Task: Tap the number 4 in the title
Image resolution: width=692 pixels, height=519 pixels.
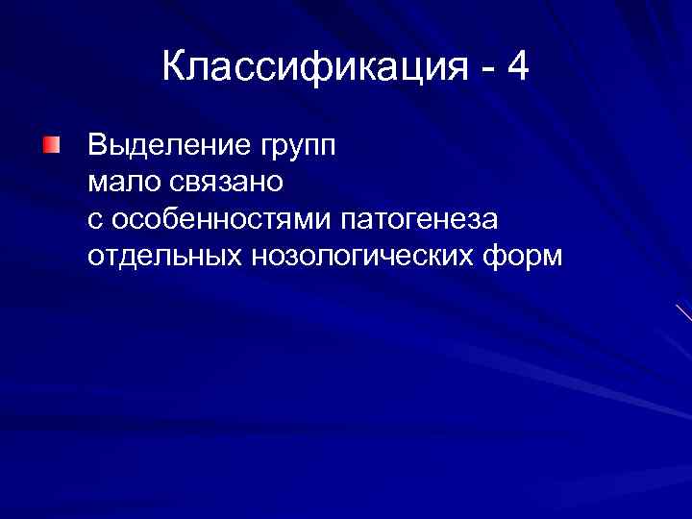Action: [517, 68]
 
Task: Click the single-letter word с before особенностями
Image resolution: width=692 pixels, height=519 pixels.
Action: [94, 221]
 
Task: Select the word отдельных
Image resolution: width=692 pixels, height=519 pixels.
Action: [163, 258]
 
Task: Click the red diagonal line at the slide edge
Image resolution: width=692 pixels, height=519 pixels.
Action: [683, 312]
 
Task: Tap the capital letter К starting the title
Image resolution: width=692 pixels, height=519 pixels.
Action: [175, 68]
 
